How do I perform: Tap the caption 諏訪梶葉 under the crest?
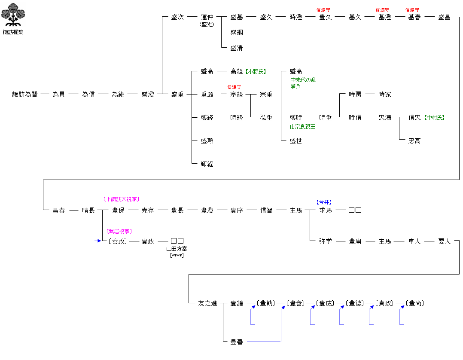[x=13, y=32]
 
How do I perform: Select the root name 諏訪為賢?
[x=25, y=95]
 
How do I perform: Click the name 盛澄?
[x=148, y=95]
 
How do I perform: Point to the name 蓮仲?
[x=207, y=17]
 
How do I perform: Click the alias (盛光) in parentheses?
[x=207, y=24]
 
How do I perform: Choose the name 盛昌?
[x=444, y=17]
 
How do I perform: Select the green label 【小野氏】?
[x=256, y=71]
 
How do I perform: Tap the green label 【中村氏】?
[x=434, y=118]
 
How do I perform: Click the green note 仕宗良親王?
[x=302, y=127]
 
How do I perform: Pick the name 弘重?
[x=266, y=118]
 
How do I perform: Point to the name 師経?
[x=207, y=164]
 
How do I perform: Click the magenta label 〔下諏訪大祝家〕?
[x=121, y=199]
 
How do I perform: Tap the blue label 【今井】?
[x=324, y=202]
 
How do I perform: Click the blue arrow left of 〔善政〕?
[x=98, y=241]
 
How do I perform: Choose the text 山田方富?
[x=177, y=249]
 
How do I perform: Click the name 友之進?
[x=207, y=303]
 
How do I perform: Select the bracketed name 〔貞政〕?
[x=385, y=303]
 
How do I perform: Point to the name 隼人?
[x=414, y=241]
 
